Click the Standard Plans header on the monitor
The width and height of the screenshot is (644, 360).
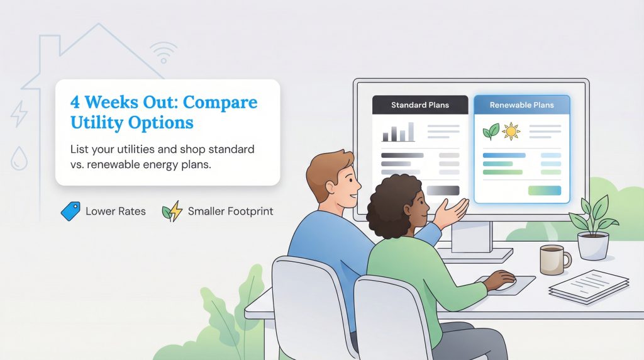[419, 105]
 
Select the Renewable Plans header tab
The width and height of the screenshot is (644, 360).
[521, 105]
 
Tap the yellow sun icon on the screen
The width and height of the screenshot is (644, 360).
[511, 132]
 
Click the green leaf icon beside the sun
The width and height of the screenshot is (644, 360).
[491, 132]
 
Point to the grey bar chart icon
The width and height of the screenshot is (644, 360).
[398, 132]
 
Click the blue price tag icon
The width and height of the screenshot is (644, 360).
[70, 211]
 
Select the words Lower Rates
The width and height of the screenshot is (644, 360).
[115, 211]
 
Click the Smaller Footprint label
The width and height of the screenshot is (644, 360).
[230, 211]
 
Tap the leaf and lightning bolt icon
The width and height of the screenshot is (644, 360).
[171, 211]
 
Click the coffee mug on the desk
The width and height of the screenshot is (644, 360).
[553, 259]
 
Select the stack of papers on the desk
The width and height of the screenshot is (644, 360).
[589, 287]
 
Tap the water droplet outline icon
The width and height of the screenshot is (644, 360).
[19, 158]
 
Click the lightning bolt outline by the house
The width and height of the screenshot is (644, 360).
[19, 114]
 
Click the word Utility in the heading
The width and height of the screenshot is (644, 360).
[94, 122]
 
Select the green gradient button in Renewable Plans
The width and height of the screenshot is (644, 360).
[544, 190]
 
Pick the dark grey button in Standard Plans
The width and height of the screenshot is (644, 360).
[443, 190]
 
